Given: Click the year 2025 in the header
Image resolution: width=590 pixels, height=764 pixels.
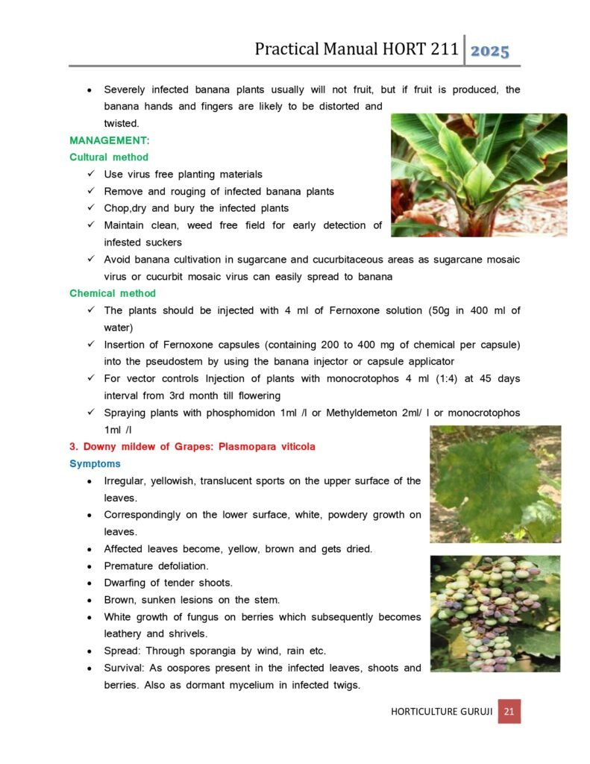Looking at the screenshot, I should (490, 51).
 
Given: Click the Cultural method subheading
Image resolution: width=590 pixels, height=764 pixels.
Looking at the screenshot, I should (109, 157).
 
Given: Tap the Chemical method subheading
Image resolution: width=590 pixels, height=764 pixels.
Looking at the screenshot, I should (113, 293).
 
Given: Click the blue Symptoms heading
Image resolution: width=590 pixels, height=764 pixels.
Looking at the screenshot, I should (95, 464).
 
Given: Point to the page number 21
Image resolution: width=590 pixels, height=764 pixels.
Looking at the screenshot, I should (509, 712).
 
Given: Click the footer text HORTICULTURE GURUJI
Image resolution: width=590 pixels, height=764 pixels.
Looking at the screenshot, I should (441, 712).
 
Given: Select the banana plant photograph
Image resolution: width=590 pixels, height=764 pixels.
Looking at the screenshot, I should (478, 175).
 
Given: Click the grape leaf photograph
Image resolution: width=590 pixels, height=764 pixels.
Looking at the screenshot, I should (495, 483).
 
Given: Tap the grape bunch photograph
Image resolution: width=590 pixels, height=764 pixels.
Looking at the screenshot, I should (495, 613).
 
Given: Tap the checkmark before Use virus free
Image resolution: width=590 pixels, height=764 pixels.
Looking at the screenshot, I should (90, 175).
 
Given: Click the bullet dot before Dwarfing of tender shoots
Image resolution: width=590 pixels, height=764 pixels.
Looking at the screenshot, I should (90, 583).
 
